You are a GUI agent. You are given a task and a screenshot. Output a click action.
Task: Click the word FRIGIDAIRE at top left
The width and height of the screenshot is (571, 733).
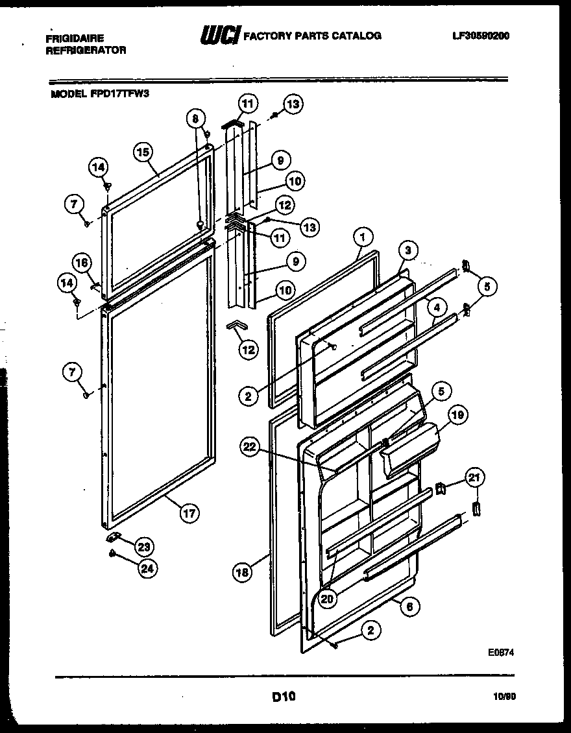(75, 38)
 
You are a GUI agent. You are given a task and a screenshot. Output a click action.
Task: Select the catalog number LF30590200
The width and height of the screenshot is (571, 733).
(481, 36)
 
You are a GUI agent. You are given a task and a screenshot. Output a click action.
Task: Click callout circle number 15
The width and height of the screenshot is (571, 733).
(143, 152)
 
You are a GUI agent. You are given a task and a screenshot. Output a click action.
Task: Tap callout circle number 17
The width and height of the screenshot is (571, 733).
(188, 513)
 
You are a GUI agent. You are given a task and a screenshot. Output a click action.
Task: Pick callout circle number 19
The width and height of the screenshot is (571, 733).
(456, 415)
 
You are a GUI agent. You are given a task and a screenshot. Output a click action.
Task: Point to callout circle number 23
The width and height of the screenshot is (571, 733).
(145, 546)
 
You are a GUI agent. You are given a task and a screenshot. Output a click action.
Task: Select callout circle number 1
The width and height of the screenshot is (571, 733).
(363, 237)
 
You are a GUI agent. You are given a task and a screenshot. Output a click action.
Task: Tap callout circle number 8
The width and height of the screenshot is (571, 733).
(195, 118)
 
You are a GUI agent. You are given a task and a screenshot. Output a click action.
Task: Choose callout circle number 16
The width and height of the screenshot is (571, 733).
(81, 263)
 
